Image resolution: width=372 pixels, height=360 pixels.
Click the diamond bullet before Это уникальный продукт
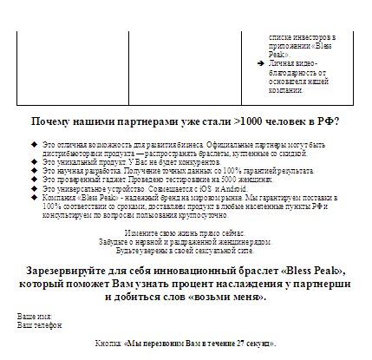point(34,162)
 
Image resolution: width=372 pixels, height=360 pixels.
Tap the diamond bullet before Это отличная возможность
point(34,142)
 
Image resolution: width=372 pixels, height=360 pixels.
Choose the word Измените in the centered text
point(140,234)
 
